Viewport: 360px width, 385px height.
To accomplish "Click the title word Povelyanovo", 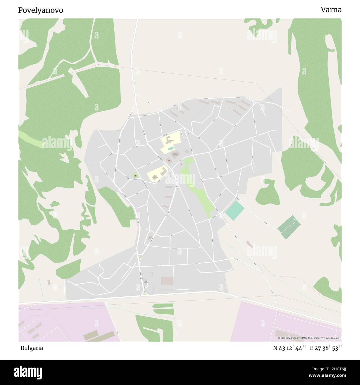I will click(x=40, y=10).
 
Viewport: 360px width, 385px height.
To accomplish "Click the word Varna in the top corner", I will click(x=331, y=10).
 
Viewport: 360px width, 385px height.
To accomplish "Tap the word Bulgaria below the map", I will click(x=32, y=348).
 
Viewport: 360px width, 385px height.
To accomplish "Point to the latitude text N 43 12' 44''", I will click(x=289, y=348).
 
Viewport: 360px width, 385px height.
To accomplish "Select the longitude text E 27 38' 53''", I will click(x=326, y=348).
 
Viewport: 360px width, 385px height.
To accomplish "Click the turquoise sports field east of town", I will click(x=235, y=211).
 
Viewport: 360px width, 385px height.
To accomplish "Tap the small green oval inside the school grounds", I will click(x=171, y=149).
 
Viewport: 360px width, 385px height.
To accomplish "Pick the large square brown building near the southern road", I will click(x=167, y=281).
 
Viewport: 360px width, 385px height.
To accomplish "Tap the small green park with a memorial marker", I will click(x=135, y=176).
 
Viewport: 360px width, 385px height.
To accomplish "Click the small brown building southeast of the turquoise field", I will click(x=249, y=244).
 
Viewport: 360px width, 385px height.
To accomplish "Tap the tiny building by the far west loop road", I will click(x=49, y=282).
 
